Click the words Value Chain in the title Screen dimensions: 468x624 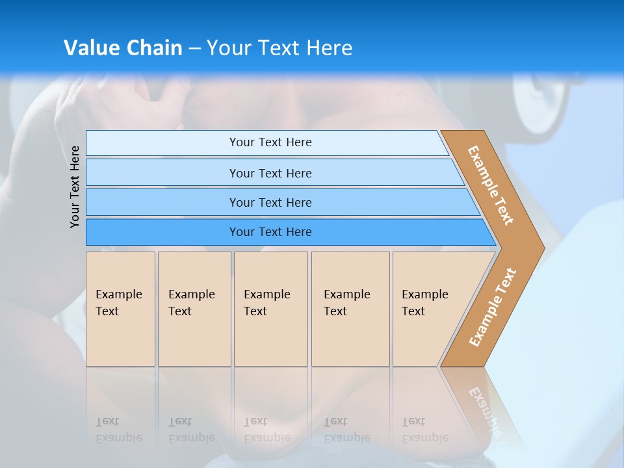[123, 48]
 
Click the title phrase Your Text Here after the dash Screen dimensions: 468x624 [279, 48]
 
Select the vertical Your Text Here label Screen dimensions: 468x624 [75, 187]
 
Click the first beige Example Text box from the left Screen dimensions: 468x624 [120, 331]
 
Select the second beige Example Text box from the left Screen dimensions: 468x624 [194, 331]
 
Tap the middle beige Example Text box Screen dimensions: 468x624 [270, 331]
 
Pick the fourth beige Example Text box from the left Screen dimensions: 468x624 [350, 331]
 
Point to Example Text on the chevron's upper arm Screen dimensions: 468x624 [491, 185]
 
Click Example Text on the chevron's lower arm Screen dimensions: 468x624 [493, 307]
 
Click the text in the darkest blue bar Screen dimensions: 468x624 [270, 232]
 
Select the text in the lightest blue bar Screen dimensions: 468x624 [270, 142]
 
